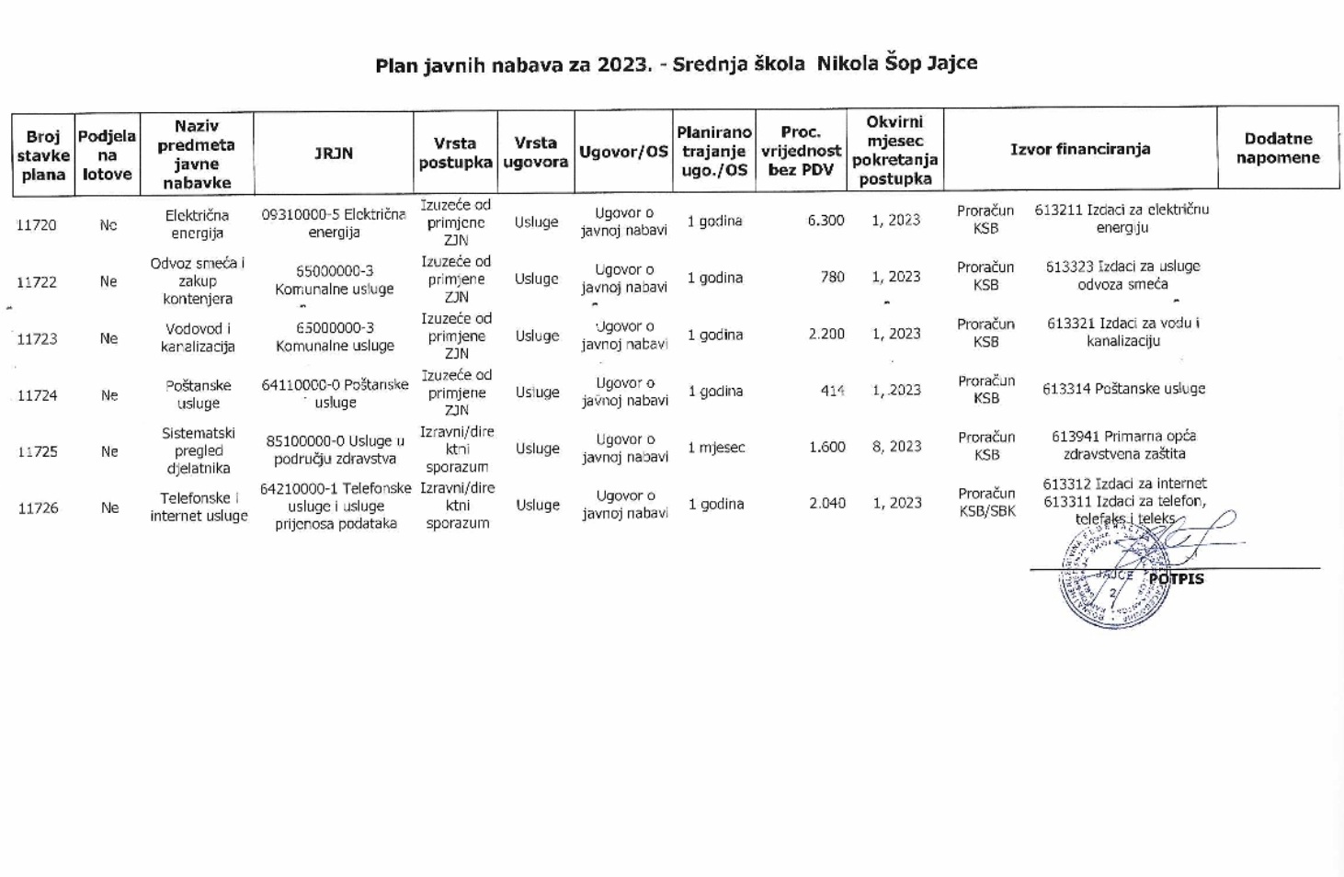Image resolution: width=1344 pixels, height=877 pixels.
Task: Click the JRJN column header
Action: tap(334, 154)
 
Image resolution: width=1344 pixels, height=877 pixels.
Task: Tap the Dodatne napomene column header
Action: tap(1277, 148)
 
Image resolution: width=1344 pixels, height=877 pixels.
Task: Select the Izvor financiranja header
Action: tap(1080, 149)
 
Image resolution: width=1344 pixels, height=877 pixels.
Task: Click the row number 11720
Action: tap(37, 225)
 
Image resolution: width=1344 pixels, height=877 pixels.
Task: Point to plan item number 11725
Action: tap(38, 451)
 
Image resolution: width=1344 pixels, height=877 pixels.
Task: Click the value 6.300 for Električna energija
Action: tap(826, 221)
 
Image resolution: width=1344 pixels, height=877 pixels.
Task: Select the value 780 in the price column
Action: tap(832, 277)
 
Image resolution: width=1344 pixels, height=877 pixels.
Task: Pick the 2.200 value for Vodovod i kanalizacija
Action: tap(826, 334)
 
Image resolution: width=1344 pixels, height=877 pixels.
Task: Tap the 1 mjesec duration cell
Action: tap(716, 448)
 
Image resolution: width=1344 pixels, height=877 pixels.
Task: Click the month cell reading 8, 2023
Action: tap(896, 447)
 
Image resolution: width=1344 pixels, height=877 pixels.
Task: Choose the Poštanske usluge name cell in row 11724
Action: tap(199, 394)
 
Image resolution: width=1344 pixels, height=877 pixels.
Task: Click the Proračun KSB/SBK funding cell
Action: tap(986, 502)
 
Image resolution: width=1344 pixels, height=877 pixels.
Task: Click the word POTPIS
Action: tap(1177, 578)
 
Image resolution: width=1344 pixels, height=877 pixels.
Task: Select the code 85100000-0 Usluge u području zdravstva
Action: tap(335, 450)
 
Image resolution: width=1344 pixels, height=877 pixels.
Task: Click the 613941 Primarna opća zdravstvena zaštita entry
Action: tap(1123, 445)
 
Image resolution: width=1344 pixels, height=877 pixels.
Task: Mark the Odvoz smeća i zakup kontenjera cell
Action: tap(198, 280)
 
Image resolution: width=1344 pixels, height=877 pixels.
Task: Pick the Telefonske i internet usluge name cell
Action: tap(199, 507)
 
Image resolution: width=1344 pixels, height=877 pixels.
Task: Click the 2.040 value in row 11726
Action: tap(827, 504)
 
